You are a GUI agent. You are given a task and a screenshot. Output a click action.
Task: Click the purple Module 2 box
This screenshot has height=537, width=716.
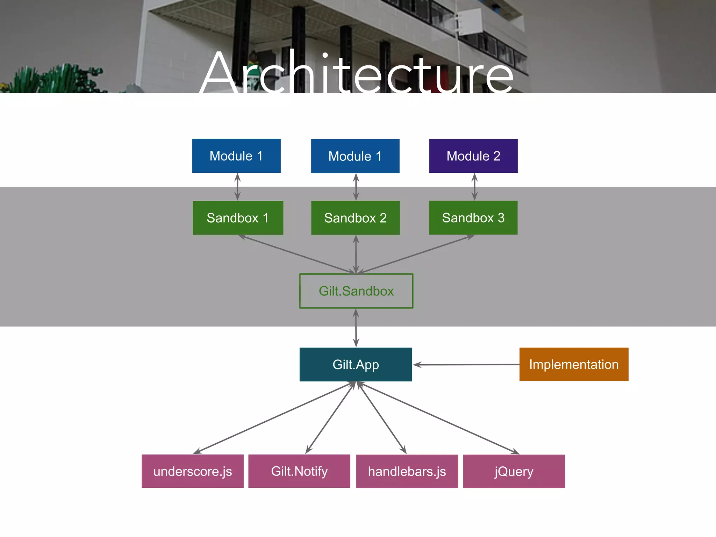click(x=473, y=156)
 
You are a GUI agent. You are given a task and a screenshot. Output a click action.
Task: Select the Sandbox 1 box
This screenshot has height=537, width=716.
click(x=238, y=217)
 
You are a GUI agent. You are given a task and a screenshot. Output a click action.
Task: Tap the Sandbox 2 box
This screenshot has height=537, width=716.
click(x=355, y=217)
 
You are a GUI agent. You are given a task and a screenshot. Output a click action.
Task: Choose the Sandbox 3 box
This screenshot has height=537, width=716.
click(x=473, y=217)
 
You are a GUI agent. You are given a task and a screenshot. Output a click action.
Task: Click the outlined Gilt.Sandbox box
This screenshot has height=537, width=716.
click(x=356, y=291)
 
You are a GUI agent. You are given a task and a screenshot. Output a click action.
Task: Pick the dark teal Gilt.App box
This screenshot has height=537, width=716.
click(x=356, y=364)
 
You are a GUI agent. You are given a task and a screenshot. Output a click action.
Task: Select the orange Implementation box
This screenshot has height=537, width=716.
click(x=574, y=364)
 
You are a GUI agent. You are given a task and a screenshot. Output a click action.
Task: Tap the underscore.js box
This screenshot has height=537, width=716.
click(x=193, y=471)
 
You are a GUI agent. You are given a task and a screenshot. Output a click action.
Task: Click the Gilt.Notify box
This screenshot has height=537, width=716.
click(x=299, y=471)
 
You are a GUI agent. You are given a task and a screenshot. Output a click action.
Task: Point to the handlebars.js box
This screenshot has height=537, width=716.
click(x=407, y=471)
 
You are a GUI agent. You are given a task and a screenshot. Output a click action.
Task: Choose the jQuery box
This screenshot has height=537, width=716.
click(x=514, y=471)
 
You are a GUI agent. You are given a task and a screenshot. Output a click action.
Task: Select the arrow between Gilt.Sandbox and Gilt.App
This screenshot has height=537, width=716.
click(x=356, y=328)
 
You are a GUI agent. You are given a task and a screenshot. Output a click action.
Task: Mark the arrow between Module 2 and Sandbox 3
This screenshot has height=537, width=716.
click(x=474, y=187)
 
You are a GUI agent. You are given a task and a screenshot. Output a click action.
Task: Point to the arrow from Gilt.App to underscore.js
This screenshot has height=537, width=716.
click(x=274, y=418)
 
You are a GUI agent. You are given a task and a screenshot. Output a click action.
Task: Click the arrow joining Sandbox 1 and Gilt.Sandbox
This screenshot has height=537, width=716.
click(x=297, y=254)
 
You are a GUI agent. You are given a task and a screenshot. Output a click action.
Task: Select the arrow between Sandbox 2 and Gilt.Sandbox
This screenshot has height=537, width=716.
click(x=356, y=254)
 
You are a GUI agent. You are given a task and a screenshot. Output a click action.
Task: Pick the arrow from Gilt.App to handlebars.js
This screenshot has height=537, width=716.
click(x=381, y=418)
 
